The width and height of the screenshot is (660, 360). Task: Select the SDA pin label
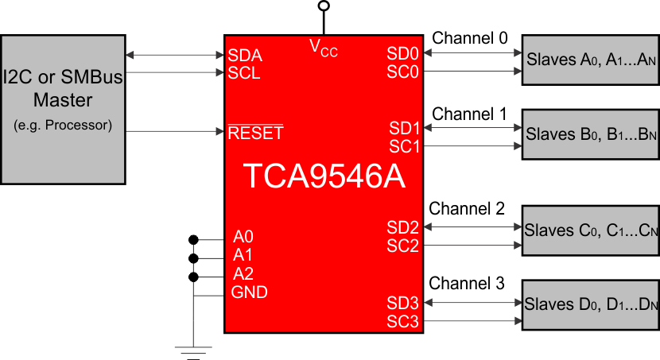pyautogui.click(x=244, y=56)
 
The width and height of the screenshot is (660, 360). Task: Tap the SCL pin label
pyautogui.click(x=244, y=73)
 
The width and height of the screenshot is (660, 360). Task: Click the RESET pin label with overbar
pyautogui.click(x=255, y=133)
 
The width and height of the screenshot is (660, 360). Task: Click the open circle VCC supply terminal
pyautogui.click(x=323, y=6)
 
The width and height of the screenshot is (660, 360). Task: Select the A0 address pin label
pyautogui.click(x=243, y=237)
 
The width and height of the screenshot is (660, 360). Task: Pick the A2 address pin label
pyautogui.click(x=243, y=273)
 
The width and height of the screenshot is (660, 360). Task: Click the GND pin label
pyautogui.click(x=249, y=292)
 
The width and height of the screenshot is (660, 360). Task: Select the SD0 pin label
pyautogui.click(x=403, y=53)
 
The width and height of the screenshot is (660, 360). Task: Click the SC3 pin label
pyautogui.click(x=403, y=321)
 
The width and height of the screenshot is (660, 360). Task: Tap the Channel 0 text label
pyautogui.click(x=469, y=38)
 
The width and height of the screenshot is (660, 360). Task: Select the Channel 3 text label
pyautogui.click(x=467, y=283)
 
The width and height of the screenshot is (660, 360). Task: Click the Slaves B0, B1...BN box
pyautogui.click(x=590, y=135)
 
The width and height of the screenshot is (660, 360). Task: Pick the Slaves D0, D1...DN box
pyautogui.click(x=590, y=305)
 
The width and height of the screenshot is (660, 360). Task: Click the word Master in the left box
pyautogui.click(x=63, y=101)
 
